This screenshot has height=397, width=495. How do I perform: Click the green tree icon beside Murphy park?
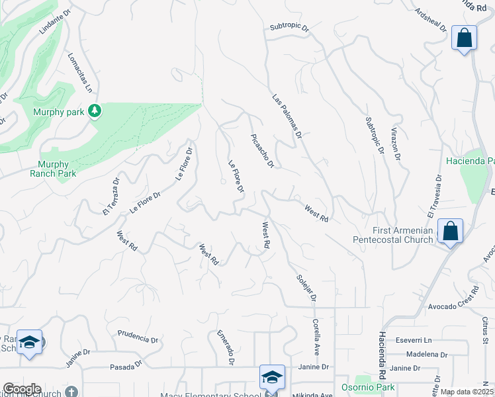[x=95, y=111]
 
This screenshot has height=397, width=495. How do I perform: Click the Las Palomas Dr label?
[x=287, y=116]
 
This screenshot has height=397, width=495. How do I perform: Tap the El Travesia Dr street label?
[x=435, y=197]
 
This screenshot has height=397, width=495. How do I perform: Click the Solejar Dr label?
[x=306, y=286]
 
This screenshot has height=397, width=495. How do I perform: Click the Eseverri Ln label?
[x=415, y=340]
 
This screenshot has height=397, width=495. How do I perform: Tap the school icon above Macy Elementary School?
[x=272, y=376]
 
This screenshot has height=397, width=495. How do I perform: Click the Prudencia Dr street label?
[x=138, y=337]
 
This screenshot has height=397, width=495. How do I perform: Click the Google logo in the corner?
[x=22, y=389]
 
